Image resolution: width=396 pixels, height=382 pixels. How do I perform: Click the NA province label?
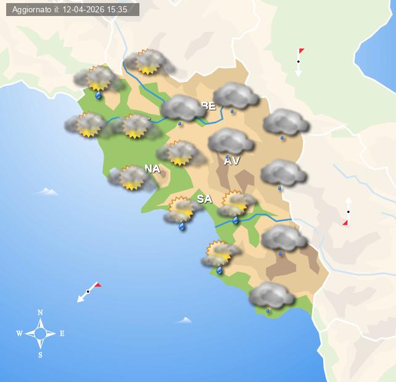click(x=152, y=168)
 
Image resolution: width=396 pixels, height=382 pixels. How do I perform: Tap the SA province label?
click(x=204, y=198)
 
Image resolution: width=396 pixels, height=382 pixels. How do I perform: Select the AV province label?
click(x=231, y=161)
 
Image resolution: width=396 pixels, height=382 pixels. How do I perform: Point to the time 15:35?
click(x=117, y=9)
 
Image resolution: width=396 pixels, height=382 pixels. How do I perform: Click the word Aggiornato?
click(x=33, y=9)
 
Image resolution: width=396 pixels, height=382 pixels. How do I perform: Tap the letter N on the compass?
click(x=40, y=312)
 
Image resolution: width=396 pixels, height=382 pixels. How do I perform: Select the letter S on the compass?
click(x=40, y=355)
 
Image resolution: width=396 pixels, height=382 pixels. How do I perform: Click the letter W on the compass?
click(x=19, y=333)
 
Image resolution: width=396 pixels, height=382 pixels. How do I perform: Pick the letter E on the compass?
click(x=62, y=333)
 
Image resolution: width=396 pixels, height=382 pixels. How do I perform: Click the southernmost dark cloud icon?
click(x=271, y=296)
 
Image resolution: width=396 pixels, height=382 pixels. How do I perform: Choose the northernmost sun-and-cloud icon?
click(x=147, y=62)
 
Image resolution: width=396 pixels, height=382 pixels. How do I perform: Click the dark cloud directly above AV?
click(x=231, y=141)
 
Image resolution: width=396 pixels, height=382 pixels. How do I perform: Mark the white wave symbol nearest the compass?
click(x=184, y=320)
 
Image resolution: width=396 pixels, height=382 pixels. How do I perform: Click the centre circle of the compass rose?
click(x=40, y=333)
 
